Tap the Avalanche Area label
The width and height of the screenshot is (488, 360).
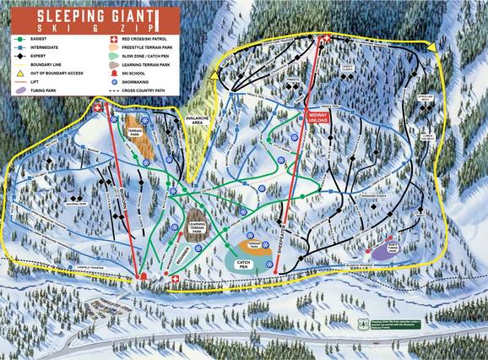pyautogui.click(x=200, y=120)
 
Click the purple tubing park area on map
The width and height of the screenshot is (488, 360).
pyautogui.click(x=388, y=250)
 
